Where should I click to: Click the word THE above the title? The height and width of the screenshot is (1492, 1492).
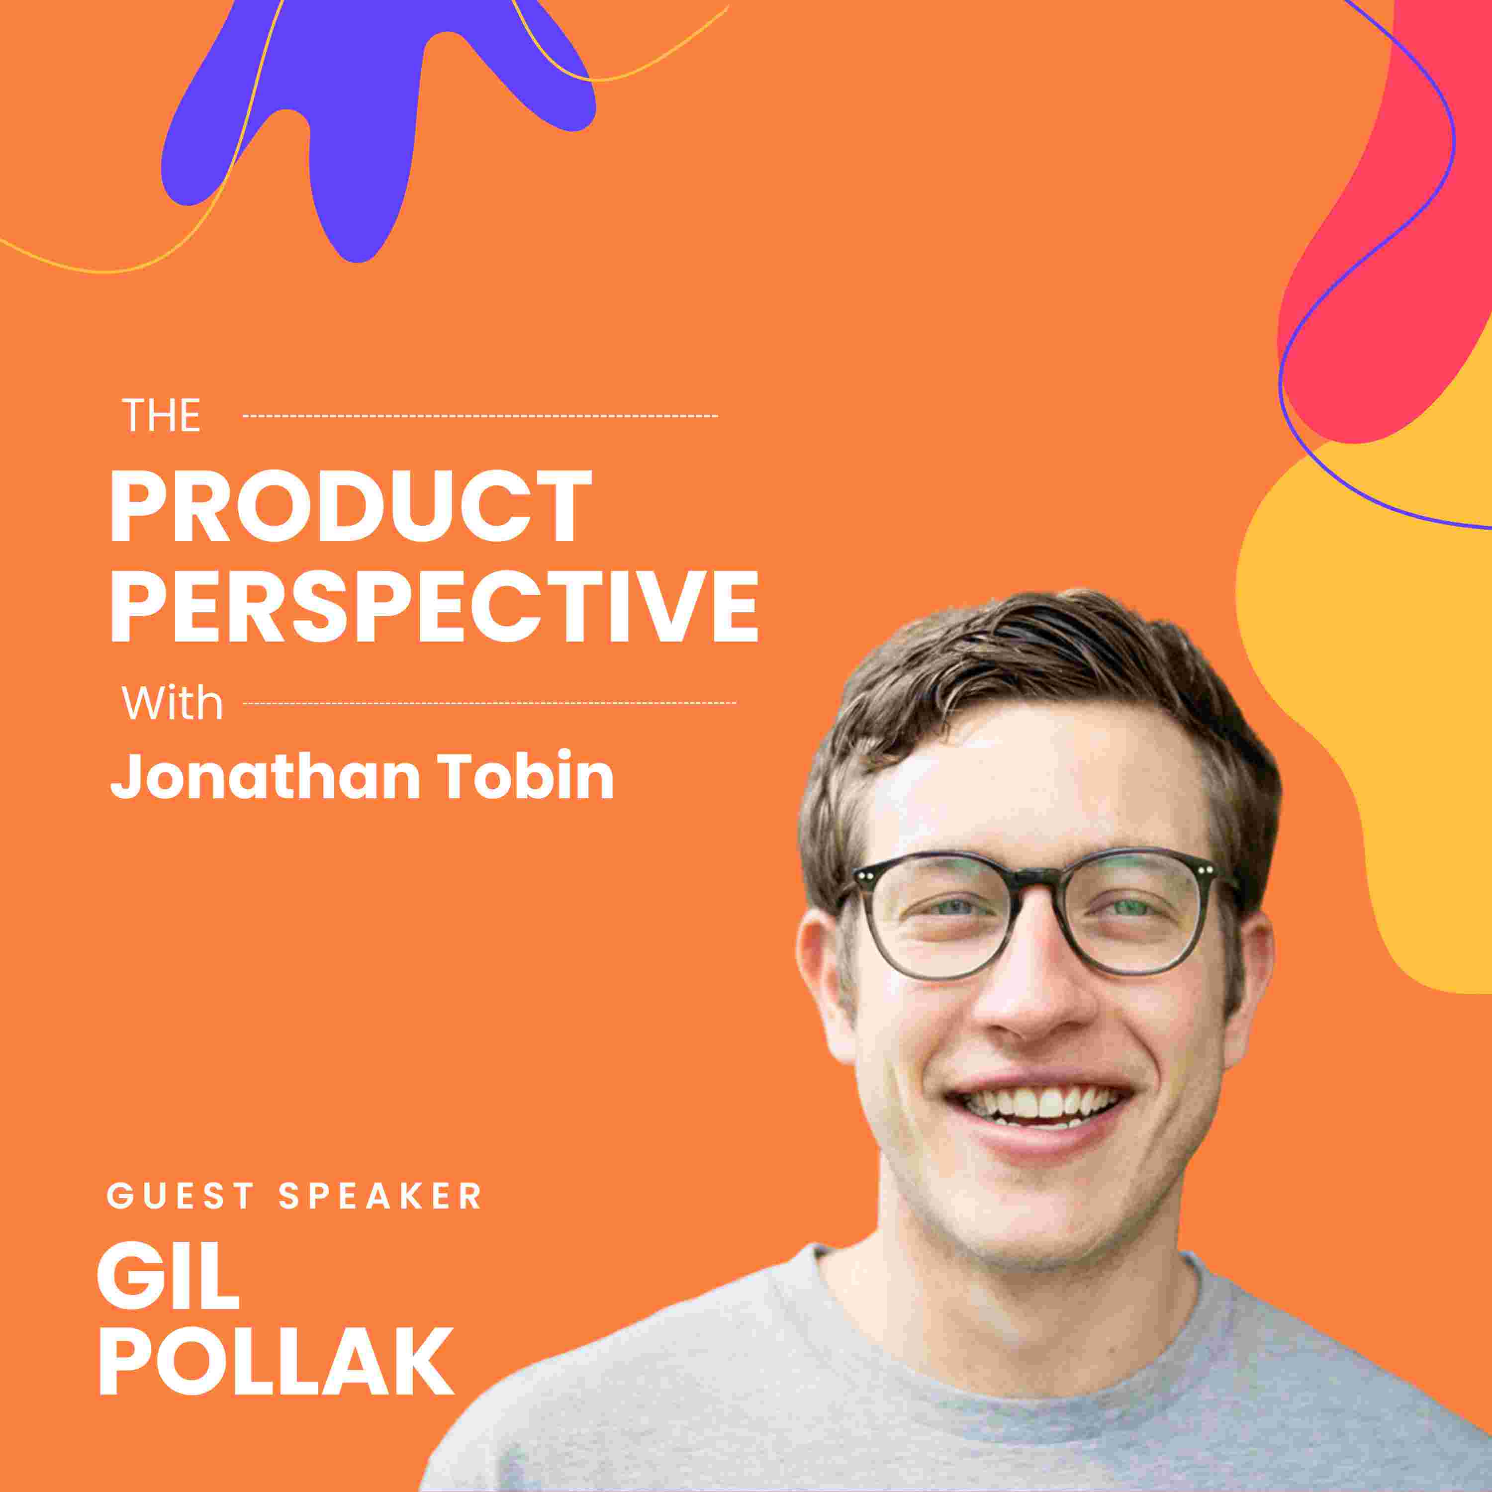(162, 416)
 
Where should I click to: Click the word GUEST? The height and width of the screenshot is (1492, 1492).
(181, 1196)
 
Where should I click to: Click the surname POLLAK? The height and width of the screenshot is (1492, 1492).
(276, 1381)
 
